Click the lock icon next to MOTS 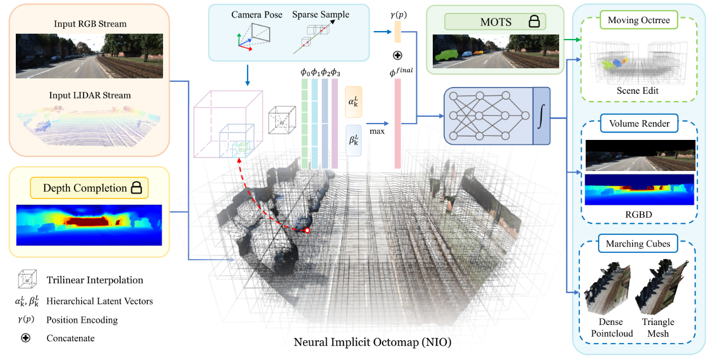[x=533, y=21]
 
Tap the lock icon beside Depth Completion [x=136, y=188]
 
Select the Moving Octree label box [x=639, y=21]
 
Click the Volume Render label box [x=639, y=124]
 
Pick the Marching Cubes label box [x=638, y=244]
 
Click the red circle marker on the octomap [x=307, y=231]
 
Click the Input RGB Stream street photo [x=90, y=55]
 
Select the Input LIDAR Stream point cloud [x=90, y=124]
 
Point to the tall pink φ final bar [x=397, y=123]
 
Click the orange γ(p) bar [x=397, y=32]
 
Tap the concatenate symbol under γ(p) [x=397, y=57]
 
